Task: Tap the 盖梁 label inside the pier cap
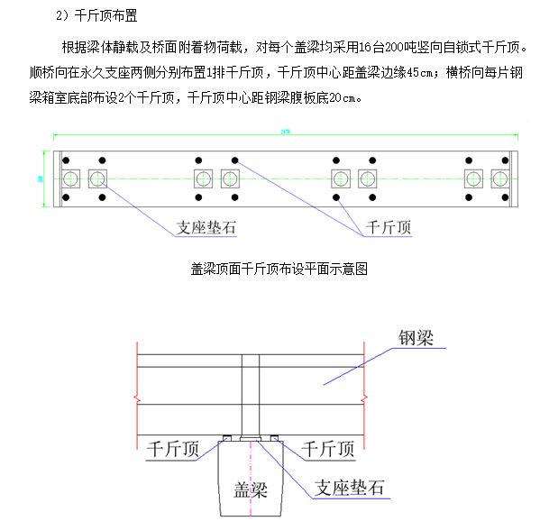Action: pos(252,489)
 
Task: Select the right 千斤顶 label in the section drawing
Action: pos(334,449)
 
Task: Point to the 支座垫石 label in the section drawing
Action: pos(351,489)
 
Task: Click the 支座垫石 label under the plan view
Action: pos(205,228)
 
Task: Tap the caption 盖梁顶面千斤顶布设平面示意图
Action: pos(280,268)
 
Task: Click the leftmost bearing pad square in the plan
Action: pos(70,178)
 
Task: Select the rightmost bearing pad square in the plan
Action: pos(500,178)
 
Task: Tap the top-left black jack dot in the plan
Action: pos(67,160)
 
